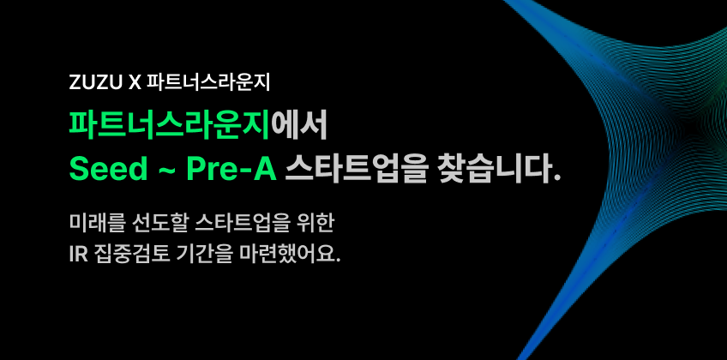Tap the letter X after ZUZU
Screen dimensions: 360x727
134,83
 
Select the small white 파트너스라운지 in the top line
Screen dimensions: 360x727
208,83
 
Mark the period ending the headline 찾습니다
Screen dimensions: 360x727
557,178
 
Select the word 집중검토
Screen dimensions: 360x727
129,255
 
